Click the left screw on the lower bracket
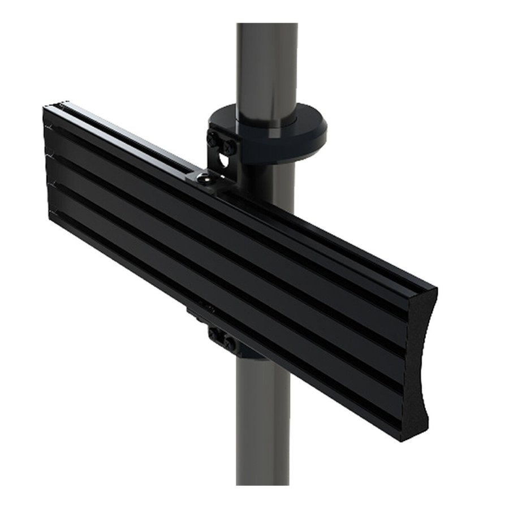(x=215, y=334)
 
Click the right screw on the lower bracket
(x=228, y=343)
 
